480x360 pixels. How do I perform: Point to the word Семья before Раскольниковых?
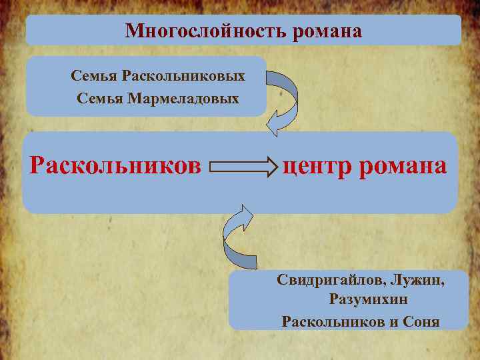pyautogui.click(x=93, y=76)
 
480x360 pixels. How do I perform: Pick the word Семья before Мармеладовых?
pyautogui.click(x=99, y=99)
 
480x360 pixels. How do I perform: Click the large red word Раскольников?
pyautogui.click(x=115, y=165)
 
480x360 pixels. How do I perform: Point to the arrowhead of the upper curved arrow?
pyautogui.click(x=273, y=123)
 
